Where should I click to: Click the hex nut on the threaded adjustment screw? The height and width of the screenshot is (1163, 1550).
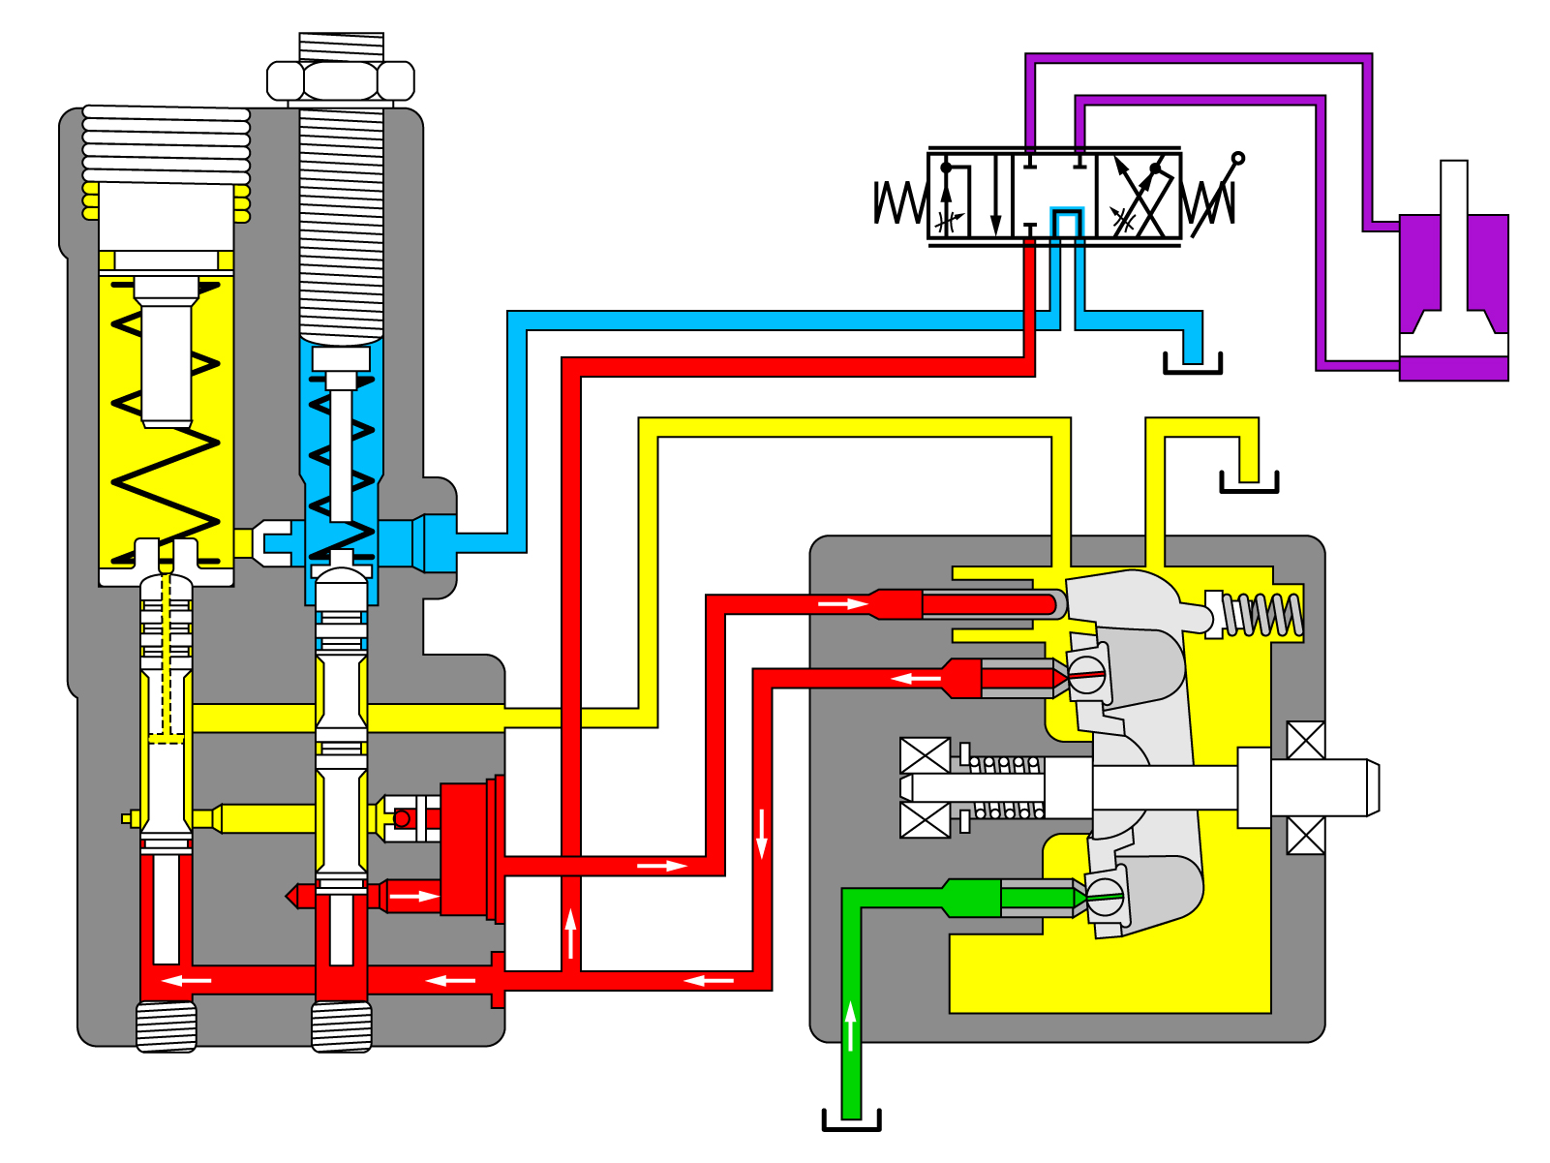(341, 80)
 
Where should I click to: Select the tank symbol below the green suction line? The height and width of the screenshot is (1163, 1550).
(851, 1120)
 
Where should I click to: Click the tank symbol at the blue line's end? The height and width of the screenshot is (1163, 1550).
(1192, 364)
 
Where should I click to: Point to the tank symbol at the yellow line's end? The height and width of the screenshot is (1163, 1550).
(1249, 482)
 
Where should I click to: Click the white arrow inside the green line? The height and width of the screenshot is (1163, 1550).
(851, 1026)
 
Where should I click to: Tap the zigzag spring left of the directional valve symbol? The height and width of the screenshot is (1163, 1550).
(899, 202)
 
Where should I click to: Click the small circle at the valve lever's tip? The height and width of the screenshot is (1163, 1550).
(1237, 158)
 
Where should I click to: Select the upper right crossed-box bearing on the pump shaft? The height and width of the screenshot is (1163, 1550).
(1305, 741)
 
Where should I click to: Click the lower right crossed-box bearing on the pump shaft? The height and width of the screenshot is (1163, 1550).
(1305, 835)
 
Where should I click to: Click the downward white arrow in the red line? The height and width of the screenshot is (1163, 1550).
(762, 833)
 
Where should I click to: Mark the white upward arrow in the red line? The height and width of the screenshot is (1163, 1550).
(571, 933)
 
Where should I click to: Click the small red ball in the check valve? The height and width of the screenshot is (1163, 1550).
(403, 819)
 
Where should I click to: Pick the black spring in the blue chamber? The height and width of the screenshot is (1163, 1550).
(341, 465)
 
